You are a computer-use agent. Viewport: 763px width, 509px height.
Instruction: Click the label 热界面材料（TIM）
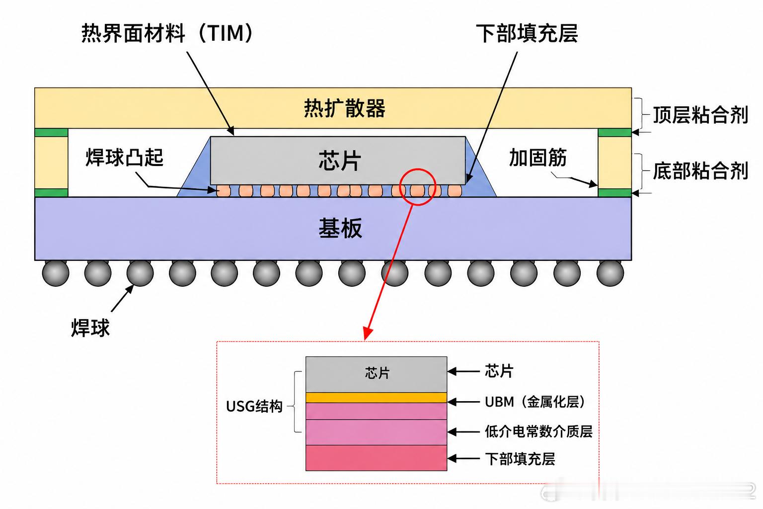pos(167,33)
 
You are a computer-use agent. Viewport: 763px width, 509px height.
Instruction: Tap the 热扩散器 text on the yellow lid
pos(345,108)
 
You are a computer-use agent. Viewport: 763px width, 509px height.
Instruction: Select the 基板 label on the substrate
pos(340,228)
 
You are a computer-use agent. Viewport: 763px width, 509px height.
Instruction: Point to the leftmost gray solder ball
pos(56,273)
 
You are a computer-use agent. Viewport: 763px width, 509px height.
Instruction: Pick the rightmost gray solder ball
pos(610,273)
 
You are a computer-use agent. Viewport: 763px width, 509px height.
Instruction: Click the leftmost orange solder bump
pos(224,191)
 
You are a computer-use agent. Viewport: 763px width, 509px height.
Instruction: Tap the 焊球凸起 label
pos(125,157)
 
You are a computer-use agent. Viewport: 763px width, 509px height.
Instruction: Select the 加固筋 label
pos(538,157)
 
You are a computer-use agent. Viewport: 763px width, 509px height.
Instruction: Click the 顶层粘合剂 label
pos(700,114)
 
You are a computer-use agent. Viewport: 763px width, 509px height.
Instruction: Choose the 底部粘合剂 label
pos(700,170)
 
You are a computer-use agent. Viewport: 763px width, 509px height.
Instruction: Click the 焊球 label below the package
pos(90,328)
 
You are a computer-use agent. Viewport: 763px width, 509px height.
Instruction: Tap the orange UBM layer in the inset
pos(376,398)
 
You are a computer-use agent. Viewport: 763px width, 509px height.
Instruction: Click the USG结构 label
pos(254,406)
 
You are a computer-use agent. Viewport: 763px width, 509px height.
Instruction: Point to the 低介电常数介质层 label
pos(538,431)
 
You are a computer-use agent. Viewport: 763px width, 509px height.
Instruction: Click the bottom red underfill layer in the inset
pos(376,458)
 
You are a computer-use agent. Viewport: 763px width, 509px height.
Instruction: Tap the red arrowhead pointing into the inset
pos(367,334)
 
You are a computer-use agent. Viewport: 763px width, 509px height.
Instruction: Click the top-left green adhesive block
pos(52,132)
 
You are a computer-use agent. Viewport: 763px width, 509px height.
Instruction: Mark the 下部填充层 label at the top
pos(527,33)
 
